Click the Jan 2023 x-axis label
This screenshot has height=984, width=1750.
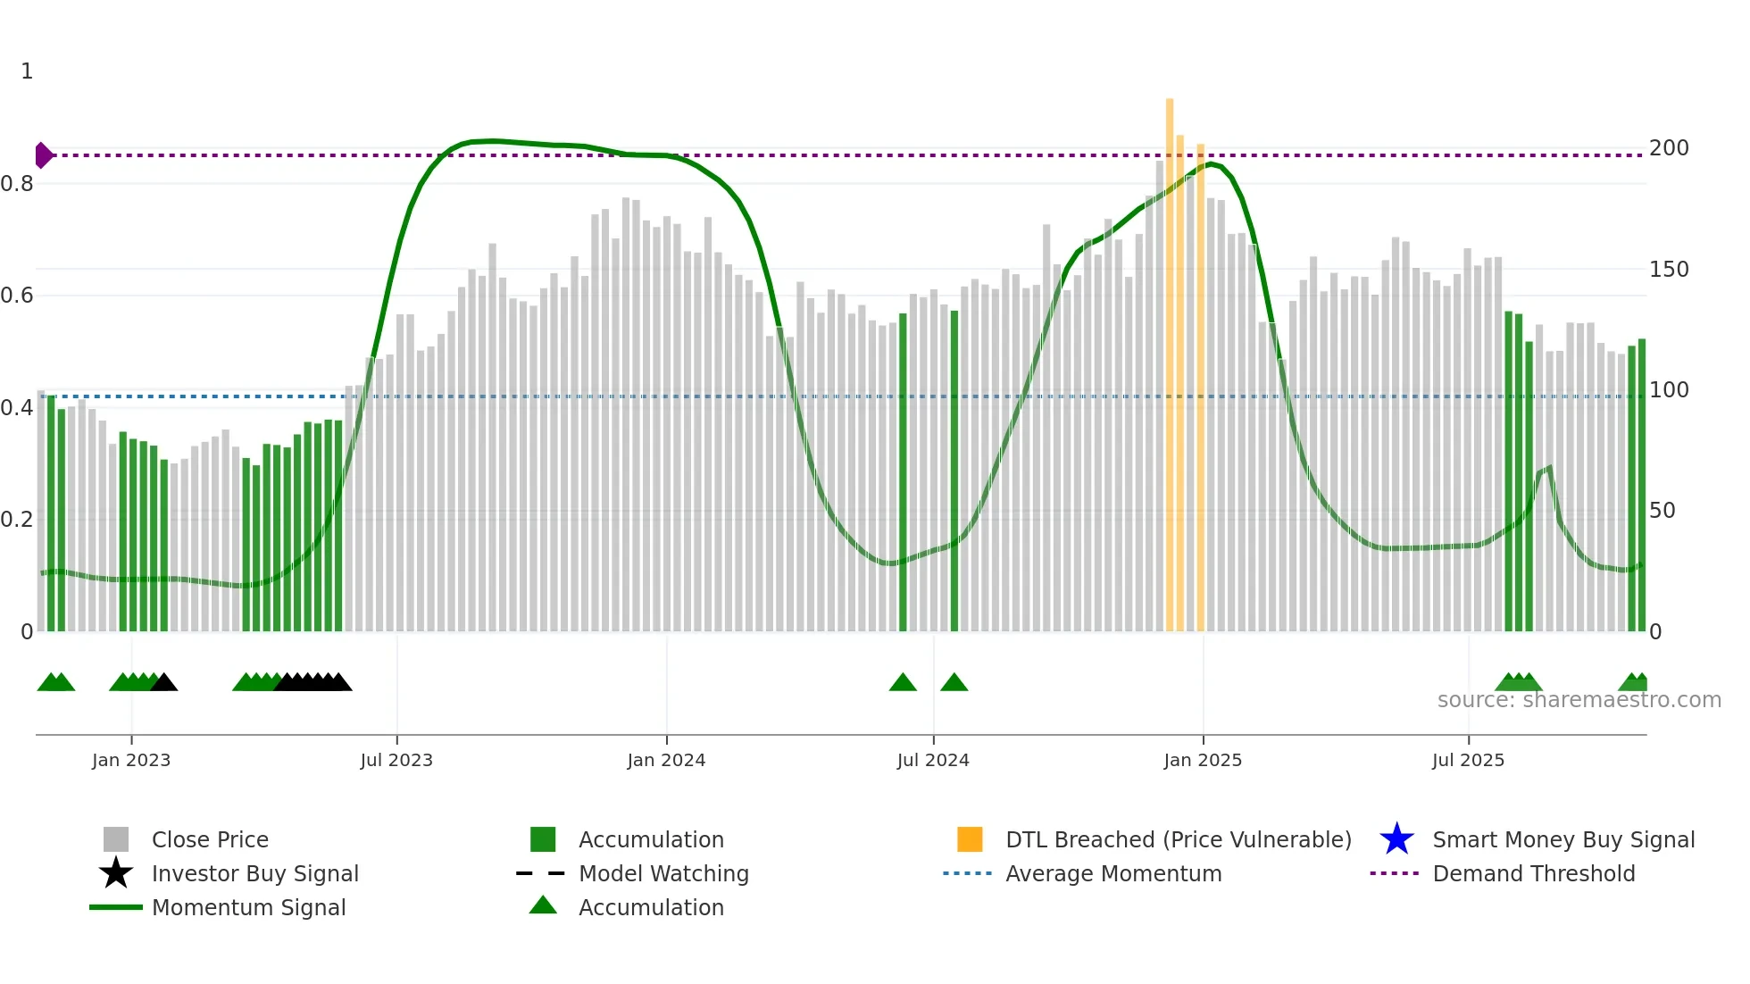click(131, 761)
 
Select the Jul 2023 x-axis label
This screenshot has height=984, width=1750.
click(396, 761)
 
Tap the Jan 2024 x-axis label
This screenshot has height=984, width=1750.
click(666, 761)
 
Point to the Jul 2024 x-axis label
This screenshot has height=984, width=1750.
click(933, 761)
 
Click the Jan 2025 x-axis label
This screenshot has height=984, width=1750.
click(1203, 761)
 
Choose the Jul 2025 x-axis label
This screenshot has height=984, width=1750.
click(1468, 761)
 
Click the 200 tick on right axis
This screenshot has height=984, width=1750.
click(1669, 148)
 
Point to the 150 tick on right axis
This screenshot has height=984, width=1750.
click(1669, 270)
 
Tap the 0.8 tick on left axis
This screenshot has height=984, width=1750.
click(17, 184)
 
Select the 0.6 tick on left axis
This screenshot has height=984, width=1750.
click(17, 296)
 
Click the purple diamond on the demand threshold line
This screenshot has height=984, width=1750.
click(44, 155)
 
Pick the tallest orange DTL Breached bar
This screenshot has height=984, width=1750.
click(1170, 357)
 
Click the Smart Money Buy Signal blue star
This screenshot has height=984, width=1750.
click(1396, 839)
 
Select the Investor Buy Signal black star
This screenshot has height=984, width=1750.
click(116, 873)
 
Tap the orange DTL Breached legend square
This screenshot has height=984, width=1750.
click(970, 839)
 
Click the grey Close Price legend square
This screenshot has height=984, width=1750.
click(116, 839)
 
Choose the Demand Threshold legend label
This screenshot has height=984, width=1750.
click(1534, 873)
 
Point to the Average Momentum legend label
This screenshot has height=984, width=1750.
click(1113, 873)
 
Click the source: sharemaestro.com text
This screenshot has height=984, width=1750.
click(1579, 700)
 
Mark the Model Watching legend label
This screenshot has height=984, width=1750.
click(663, 873)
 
